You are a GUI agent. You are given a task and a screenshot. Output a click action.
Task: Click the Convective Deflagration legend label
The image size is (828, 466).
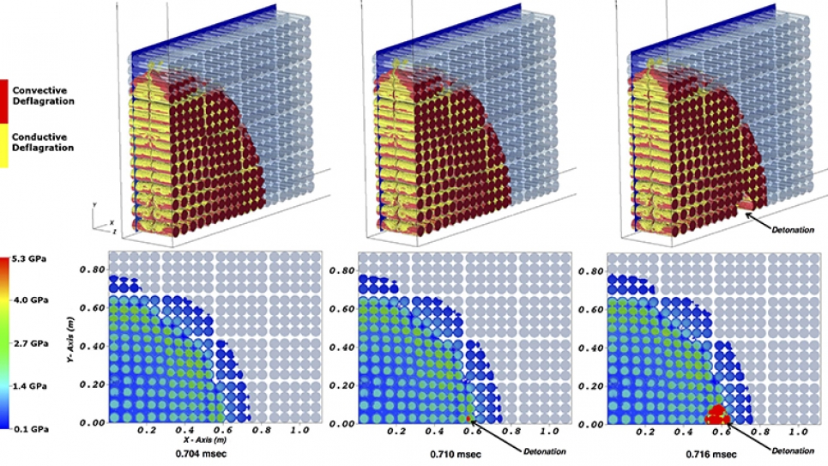[43, 95]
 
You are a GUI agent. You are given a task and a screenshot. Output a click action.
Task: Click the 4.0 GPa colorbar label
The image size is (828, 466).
[30, 300]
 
